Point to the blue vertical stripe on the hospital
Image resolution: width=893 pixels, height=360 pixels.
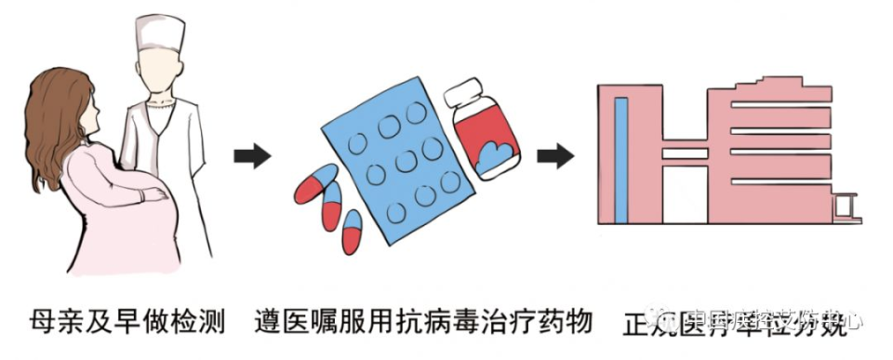(x=621, y=158)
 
